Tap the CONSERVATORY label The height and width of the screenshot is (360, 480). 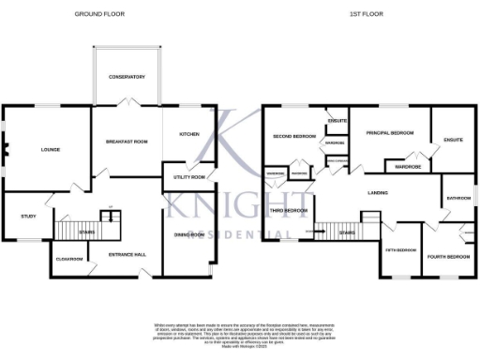[127, 76]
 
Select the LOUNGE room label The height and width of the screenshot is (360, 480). [38, 149]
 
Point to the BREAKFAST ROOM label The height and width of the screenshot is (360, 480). [127, 142]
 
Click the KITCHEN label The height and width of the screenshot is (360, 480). [189, 134]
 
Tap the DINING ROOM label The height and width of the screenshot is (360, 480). [188, 234]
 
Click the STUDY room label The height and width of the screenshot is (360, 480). [28, 217]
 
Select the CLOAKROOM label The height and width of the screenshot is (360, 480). [70, 259]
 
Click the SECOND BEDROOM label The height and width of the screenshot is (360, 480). [294, 137]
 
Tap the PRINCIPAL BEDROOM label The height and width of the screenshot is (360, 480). [389, 132]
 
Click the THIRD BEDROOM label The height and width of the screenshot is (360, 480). [290, 211]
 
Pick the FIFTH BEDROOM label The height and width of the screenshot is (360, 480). [400, 250]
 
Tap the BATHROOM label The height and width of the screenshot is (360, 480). [458, 198]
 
